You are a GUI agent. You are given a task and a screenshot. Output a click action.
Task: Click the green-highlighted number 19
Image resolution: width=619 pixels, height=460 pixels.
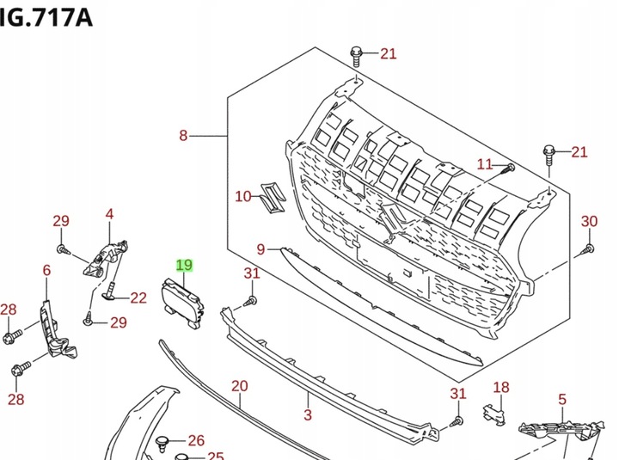(x=184, y=265)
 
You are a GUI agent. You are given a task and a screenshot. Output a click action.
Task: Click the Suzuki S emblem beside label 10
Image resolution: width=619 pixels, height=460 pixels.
(x=271, y=199)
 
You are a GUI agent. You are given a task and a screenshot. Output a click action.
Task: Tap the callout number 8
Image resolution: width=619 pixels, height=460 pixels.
(x=183, y=136)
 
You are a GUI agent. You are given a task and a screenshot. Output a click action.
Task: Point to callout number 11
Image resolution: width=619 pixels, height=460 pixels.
(x=485, y=164)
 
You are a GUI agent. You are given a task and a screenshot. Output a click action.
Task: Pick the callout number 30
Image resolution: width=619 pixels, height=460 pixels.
(x=589, y=221)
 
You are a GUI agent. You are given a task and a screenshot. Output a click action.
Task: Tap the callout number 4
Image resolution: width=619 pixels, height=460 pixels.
(x=109, y=214)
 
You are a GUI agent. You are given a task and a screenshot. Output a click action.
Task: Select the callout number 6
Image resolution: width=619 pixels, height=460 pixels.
(x=46, y=270)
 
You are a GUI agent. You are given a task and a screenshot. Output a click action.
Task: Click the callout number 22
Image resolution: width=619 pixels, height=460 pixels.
(x=138, y=297)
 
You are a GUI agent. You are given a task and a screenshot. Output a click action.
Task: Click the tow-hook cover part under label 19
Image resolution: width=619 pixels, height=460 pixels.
(x=182, y=303)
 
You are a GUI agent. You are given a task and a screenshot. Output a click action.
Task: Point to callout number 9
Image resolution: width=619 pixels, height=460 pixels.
(x=260, y=249)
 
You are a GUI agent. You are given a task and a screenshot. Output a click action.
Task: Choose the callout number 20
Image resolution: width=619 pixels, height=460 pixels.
(x=240, y=386)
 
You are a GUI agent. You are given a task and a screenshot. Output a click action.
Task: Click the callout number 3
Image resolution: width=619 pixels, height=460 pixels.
(x=308, y=414)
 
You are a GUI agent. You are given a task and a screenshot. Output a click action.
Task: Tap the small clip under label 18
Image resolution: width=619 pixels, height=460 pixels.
(x=493, y=414)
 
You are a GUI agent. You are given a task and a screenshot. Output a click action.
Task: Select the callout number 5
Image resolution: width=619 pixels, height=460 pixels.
(x=562, y=399)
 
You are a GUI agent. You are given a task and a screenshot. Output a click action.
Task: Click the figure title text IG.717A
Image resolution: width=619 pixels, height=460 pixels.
(x=46, y=17)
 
